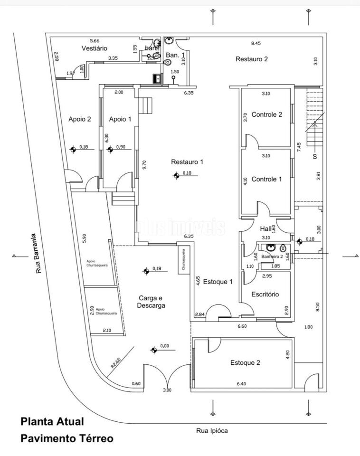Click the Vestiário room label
point(95,48)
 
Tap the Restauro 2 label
point(252,59)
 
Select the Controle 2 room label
point(267,114)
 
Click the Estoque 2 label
point(245,363)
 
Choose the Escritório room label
point(265,294)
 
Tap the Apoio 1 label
point(120,119)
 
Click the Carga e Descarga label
point(152,302)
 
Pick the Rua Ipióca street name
point(212,431)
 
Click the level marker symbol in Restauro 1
point(176,176)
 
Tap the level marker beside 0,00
point(153,350)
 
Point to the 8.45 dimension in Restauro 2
point(256,43)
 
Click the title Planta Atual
point(52,421)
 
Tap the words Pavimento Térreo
point(67,438)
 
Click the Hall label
point(265,229)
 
